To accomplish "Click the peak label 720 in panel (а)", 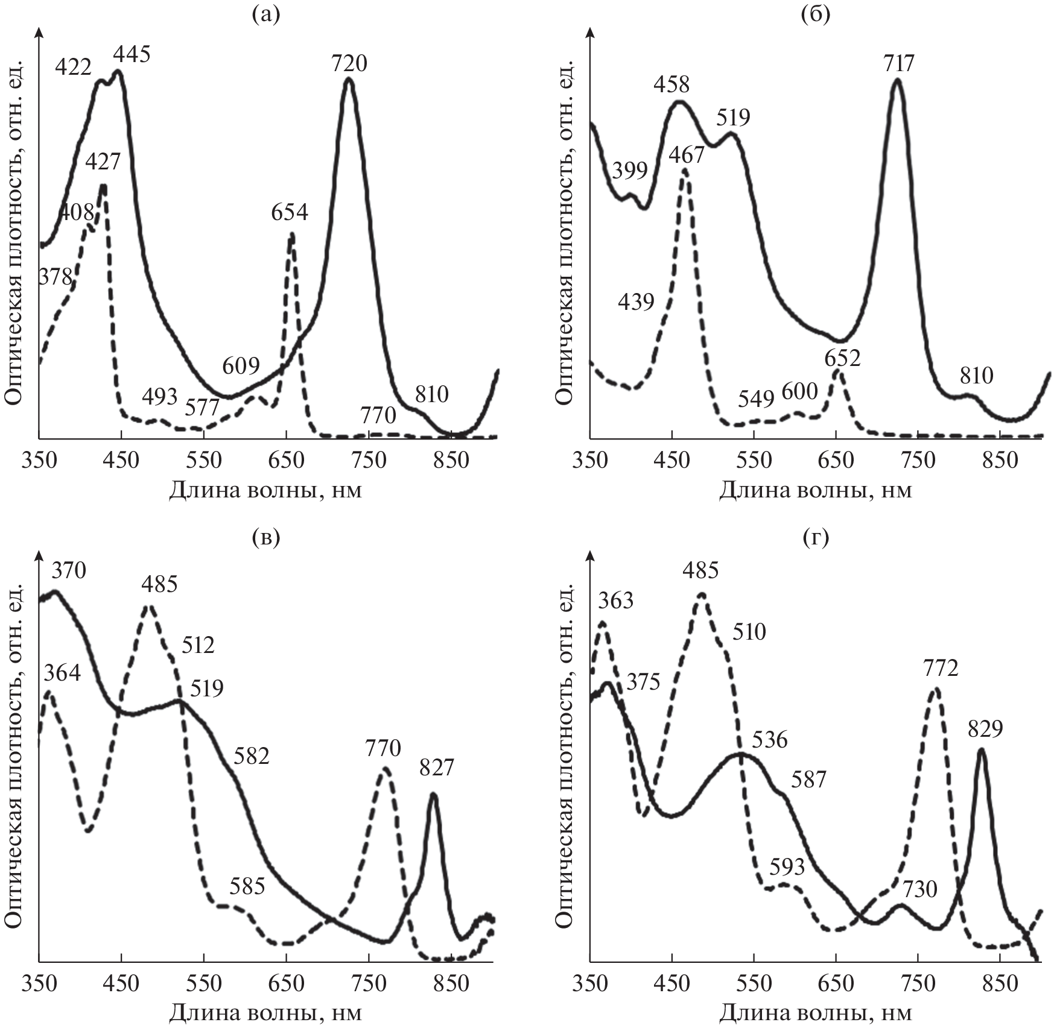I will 349,63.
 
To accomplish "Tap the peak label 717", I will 899,63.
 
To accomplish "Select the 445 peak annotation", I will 132,55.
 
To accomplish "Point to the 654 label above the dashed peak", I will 290,212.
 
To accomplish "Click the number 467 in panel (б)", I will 687,155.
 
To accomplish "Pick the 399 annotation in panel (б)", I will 630,171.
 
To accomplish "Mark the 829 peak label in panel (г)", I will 985,730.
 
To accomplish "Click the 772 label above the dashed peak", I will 941,669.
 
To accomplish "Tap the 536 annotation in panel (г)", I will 770,740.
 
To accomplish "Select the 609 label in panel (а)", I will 241,366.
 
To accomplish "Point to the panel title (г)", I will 816,536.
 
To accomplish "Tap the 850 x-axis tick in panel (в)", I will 451,984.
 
